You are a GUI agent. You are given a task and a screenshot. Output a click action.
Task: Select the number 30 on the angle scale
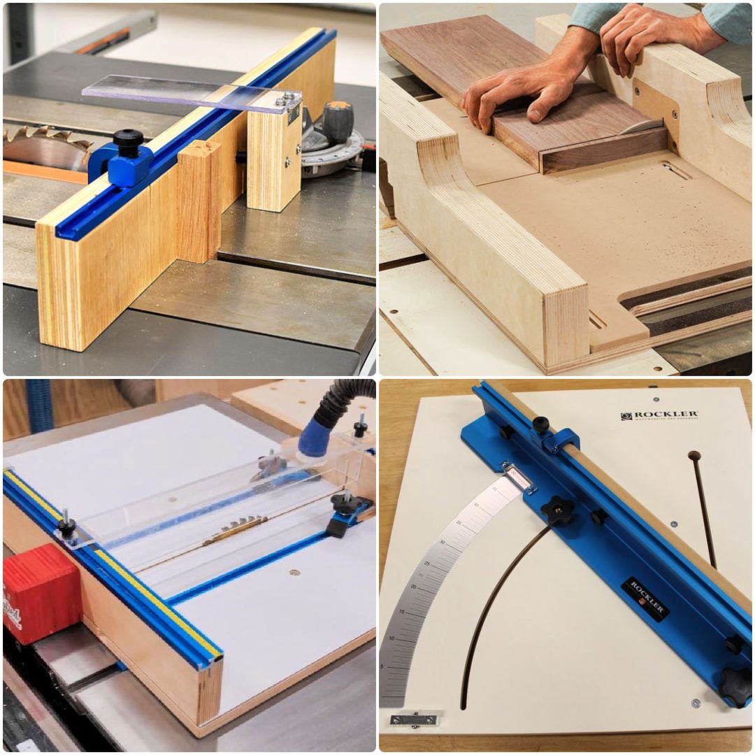(x=442, y=542)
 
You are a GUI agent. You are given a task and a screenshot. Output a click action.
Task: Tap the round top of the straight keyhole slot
(x=693, y=456)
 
